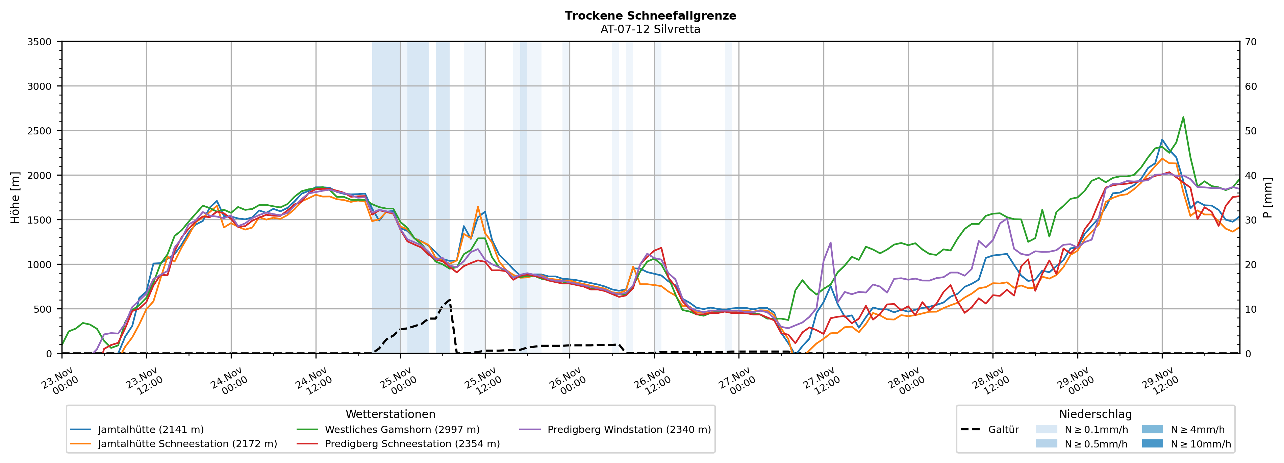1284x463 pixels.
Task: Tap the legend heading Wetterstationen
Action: point(390,414)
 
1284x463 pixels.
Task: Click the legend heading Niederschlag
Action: point(1095,414)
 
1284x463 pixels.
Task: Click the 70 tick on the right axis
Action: point(1251,42)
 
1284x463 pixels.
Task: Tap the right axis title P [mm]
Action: point(1267,197)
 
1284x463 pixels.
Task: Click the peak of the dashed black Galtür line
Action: point(450,300)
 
